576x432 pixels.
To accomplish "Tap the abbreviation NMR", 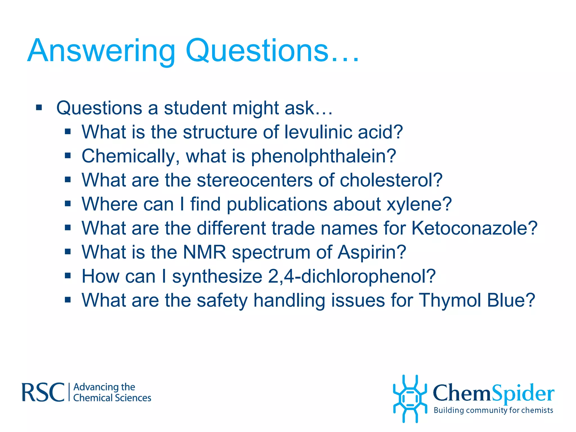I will tap(204, 252).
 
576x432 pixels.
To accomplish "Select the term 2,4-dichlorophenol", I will tap(352, 276).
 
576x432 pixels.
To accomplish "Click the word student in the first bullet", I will tap(195, 108).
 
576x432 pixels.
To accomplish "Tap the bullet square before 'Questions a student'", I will tap(39, 107).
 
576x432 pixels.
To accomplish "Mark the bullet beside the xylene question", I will tap(67, 203).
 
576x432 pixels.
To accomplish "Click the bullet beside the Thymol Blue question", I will tap(67, 300).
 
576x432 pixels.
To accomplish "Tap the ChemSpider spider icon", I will tap(410, 399).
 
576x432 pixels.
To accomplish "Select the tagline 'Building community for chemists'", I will tap(493, 410).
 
